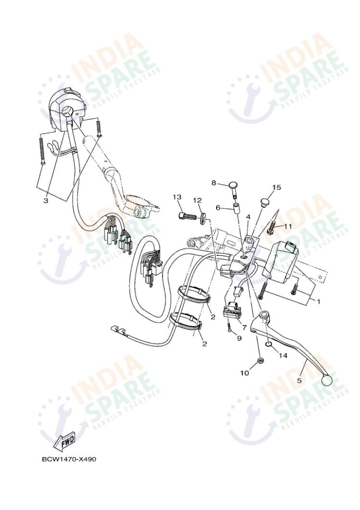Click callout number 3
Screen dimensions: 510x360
click(46, 201)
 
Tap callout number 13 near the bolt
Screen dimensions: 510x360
click(177, 197)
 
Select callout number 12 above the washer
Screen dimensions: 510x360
click(197, 200)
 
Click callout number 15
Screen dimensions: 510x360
click(276, 187)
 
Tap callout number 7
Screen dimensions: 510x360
click(244, 327)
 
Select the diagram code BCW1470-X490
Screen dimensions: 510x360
click(69, 459)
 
